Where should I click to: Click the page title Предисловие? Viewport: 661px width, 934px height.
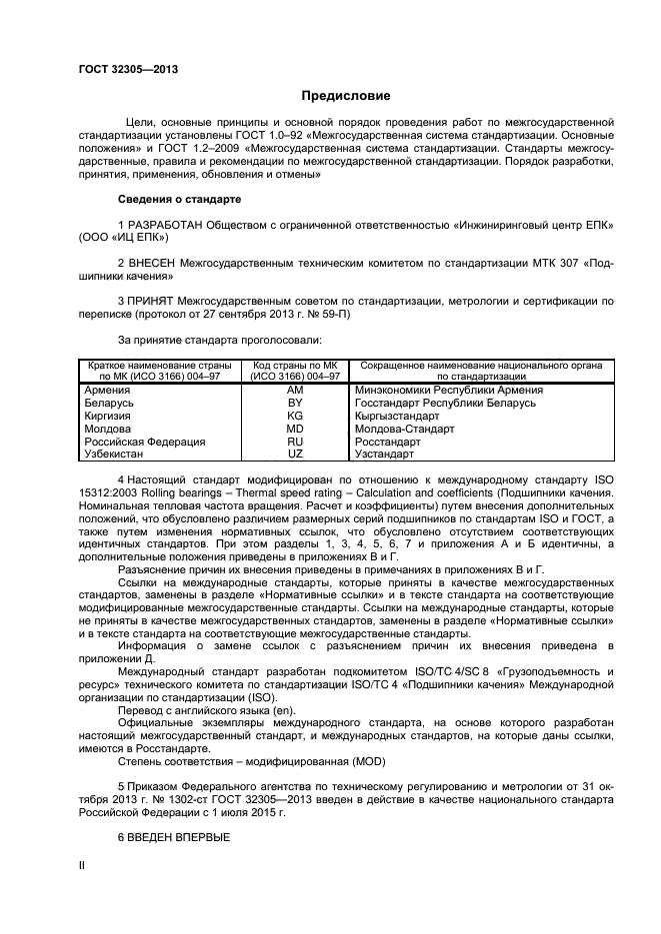346,96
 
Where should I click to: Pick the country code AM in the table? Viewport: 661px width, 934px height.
295,391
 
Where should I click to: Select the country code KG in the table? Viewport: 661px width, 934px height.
295,416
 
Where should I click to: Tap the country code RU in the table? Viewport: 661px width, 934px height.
295,441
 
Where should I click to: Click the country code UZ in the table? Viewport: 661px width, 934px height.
295,454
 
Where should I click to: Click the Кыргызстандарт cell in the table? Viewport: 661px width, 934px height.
397,416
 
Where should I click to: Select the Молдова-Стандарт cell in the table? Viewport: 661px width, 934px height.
404,429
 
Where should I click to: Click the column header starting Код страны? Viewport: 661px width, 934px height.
295,371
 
